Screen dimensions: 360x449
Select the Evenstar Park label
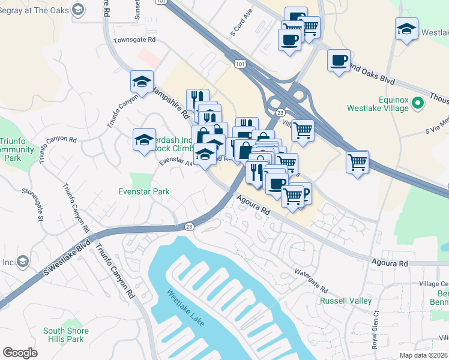[143, 192]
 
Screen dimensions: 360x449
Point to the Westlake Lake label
[185, 309]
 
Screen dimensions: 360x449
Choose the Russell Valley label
[345, 301]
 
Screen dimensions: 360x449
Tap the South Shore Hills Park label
[67, 335]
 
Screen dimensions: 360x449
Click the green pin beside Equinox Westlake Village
[418, 104]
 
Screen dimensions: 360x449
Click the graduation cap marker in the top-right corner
[406, 28]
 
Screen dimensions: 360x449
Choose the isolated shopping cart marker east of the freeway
[357, 161]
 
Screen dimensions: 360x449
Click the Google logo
[20, 353]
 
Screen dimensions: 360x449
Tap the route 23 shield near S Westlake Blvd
[190, 226]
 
